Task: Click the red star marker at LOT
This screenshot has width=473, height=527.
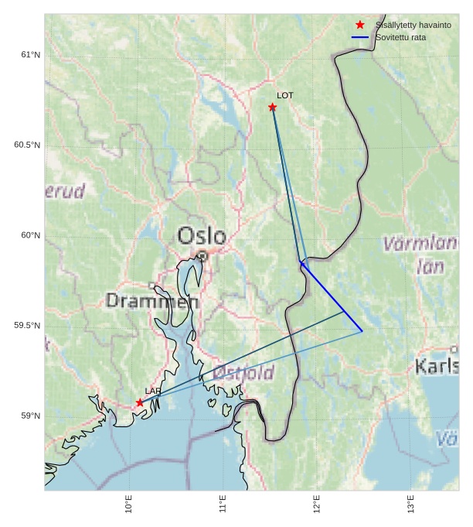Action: tap(272, 107)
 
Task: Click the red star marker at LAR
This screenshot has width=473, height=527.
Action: tap(140, 402)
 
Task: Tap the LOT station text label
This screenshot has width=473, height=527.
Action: tap(285, 95)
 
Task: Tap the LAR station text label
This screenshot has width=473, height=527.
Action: tap(153, 391)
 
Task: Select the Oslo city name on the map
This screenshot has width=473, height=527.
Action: tap(202, 236)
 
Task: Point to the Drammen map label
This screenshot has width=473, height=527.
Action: tap(152, 301)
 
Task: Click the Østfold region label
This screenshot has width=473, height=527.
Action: tap(243, 373)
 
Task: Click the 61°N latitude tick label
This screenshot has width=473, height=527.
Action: tap(31, 55)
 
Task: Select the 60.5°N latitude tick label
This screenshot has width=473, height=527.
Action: tap(27, 145)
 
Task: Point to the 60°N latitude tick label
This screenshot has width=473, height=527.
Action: tap(31, 235)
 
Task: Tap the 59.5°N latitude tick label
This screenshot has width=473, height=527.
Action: tap(27, 326)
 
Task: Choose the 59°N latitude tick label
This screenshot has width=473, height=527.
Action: tap(31, 416)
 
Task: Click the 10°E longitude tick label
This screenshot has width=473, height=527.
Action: tap(128, 504)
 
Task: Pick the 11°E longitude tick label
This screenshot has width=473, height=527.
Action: tap(223, 504)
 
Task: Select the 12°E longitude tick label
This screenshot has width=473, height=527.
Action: tap(317, 504)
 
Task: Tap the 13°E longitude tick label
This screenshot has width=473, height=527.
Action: tap(411, 504)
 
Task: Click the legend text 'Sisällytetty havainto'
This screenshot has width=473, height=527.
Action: tap(413, 26)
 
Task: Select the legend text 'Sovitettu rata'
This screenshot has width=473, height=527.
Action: tap(400, 37)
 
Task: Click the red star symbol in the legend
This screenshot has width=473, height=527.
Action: tap(360, 25)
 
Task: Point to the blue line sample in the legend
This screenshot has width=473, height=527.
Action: tap(360, 37)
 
